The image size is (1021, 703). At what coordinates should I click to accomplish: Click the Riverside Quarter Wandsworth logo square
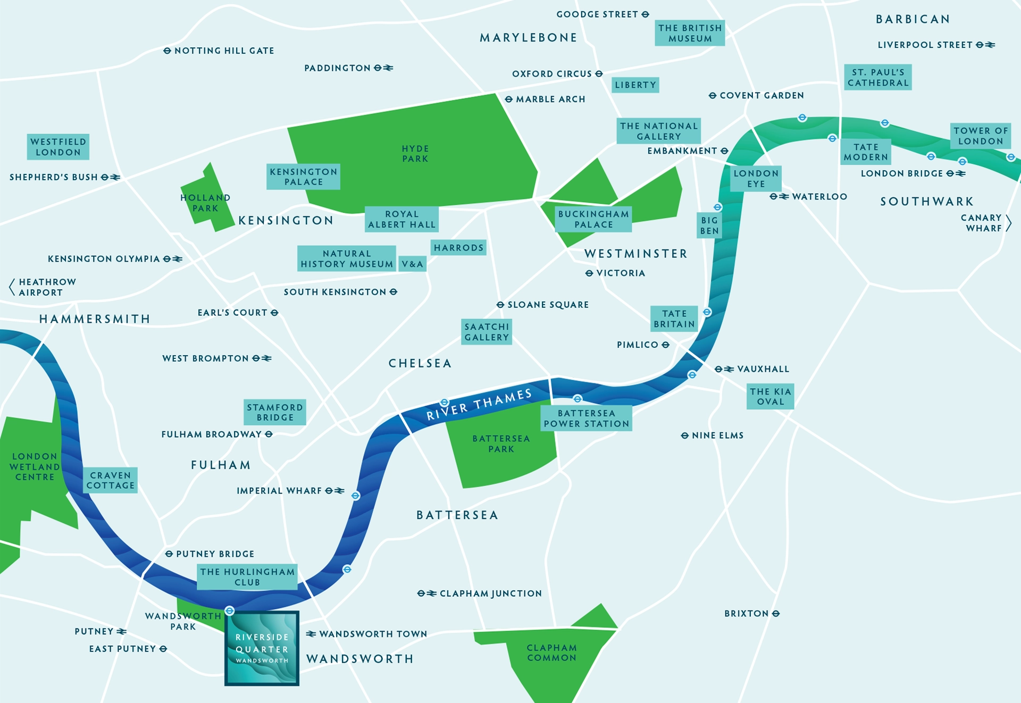pos(262,648)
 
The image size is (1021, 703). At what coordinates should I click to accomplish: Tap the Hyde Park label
pos(415,154)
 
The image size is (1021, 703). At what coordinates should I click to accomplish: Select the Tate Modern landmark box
pos(866,152)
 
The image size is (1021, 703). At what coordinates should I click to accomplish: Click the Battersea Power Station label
pos(587,419)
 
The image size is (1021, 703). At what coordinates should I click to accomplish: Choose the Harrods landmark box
pos(458,248)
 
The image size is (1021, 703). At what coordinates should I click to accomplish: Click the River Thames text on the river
pos(479,405)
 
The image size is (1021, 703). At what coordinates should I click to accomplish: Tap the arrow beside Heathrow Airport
pos(12,287)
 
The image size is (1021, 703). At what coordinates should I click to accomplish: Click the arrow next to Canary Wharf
pos(1008,223)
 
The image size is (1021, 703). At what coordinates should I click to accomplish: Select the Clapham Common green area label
pos(551,653)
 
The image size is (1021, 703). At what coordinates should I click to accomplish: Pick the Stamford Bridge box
pos(275,412)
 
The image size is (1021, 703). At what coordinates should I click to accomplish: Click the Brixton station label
pos(751,614)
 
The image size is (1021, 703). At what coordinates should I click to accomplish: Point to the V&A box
pos(413,264)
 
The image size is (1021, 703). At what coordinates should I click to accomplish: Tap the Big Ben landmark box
pos(709,225)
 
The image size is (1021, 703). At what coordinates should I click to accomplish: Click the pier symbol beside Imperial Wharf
pos(356,496)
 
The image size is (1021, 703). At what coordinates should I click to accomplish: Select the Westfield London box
pos(58,147)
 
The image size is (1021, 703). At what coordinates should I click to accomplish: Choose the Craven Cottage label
pos(111,480)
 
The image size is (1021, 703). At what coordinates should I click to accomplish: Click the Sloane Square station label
pos(548,305)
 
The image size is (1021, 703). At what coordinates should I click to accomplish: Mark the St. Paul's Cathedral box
pos(878,78)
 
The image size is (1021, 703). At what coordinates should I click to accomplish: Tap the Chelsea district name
pos(420,364)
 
